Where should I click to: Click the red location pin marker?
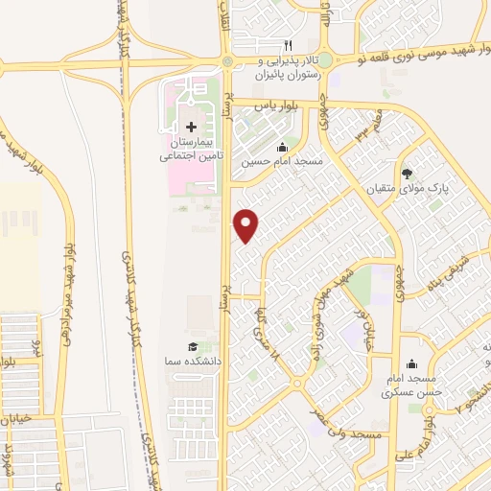click(x=247, y=226)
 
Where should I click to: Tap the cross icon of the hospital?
click(x=190, y=128)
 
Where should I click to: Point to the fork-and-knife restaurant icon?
click(x=286, y=45)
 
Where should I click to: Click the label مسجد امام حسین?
click(x=282, y=163)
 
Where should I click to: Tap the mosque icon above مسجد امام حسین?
click(x=282, y=148)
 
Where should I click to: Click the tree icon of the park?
click(x=408, y=174)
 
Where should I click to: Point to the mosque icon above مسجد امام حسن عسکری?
click(x=411, y=364)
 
